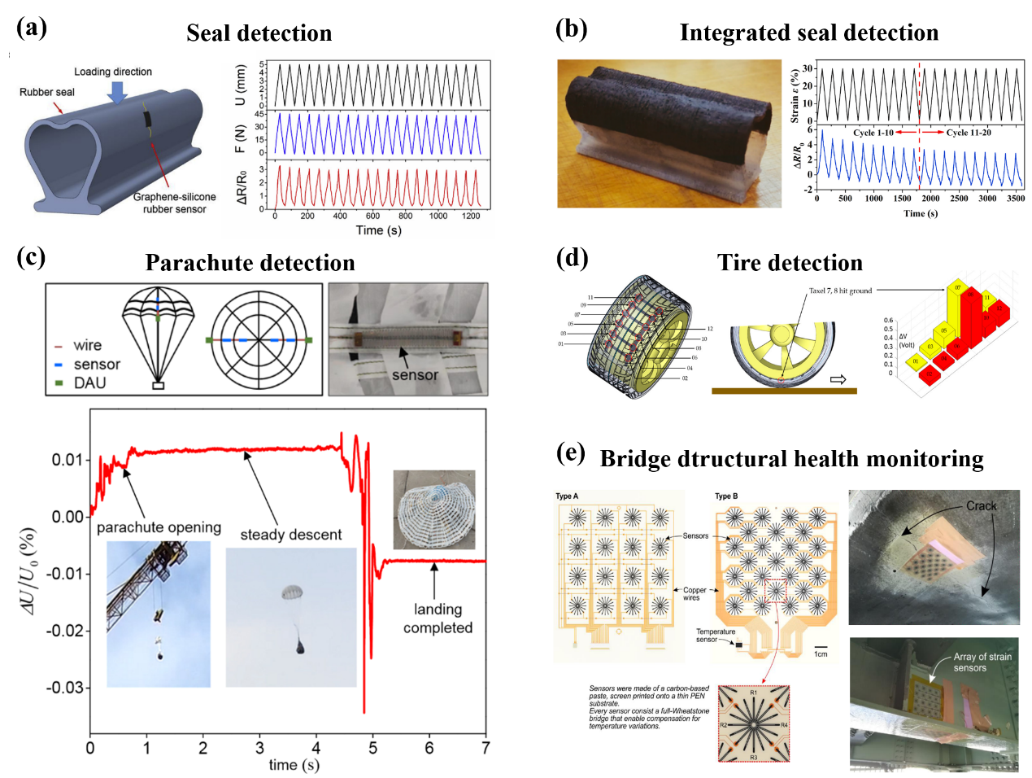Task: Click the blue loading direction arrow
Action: [x=118, y=91]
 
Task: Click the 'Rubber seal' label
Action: [x=47, y=92]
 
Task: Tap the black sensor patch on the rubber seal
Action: [x=147, y=120]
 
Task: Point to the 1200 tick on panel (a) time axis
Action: [x=471, y=216]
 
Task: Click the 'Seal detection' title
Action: [x=259, y=33]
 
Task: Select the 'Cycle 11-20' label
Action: [x=968, y=133]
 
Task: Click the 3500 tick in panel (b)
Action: [x=1015, y=198]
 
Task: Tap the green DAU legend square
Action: [x=59, y=382]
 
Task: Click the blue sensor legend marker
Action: [x=59, y=365]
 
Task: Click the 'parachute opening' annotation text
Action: [x=159, y=527]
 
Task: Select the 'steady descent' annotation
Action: [x=290, y=535]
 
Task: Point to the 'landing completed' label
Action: [x=438, y=618]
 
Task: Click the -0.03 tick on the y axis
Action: [x=67, y=688]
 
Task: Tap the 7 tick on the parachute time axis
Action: [x=486, y=747]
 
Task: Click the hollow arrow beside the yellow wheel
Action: [x=837, y=379]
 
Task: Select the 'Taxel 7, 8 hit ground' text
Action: [x=840, y=291]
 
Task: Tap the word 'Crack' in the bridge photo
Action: [x=981, y=506]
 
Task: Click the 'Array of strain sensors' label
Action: [x=982, y=662]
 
